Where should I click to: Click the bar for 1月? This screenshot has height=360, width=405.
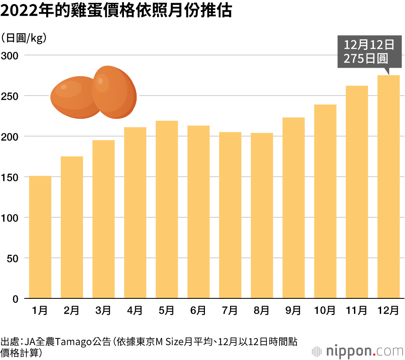(x=40, y=237)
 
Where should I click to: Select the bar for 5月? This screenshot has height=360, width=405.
(x=167, y=210)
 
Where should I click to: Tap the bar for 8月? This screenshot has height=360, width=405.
(x=262, y=216)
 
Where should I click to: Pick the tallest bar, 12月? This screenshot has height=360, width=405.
(x=388, y=187)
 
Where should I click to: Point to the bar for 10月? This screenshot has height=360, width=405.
(x=325, y=201)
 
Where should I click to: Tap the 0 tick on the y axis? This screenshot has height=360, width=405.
(x=15, y=299)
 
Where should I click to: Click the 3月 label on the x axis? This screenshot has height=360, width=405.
(x=103, y=311)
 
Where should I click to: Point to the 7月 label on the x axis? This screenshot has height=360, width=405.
(x=230, y=311)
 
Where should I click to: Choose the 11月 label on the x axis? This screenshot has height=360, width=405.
(x=356, y=311)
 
